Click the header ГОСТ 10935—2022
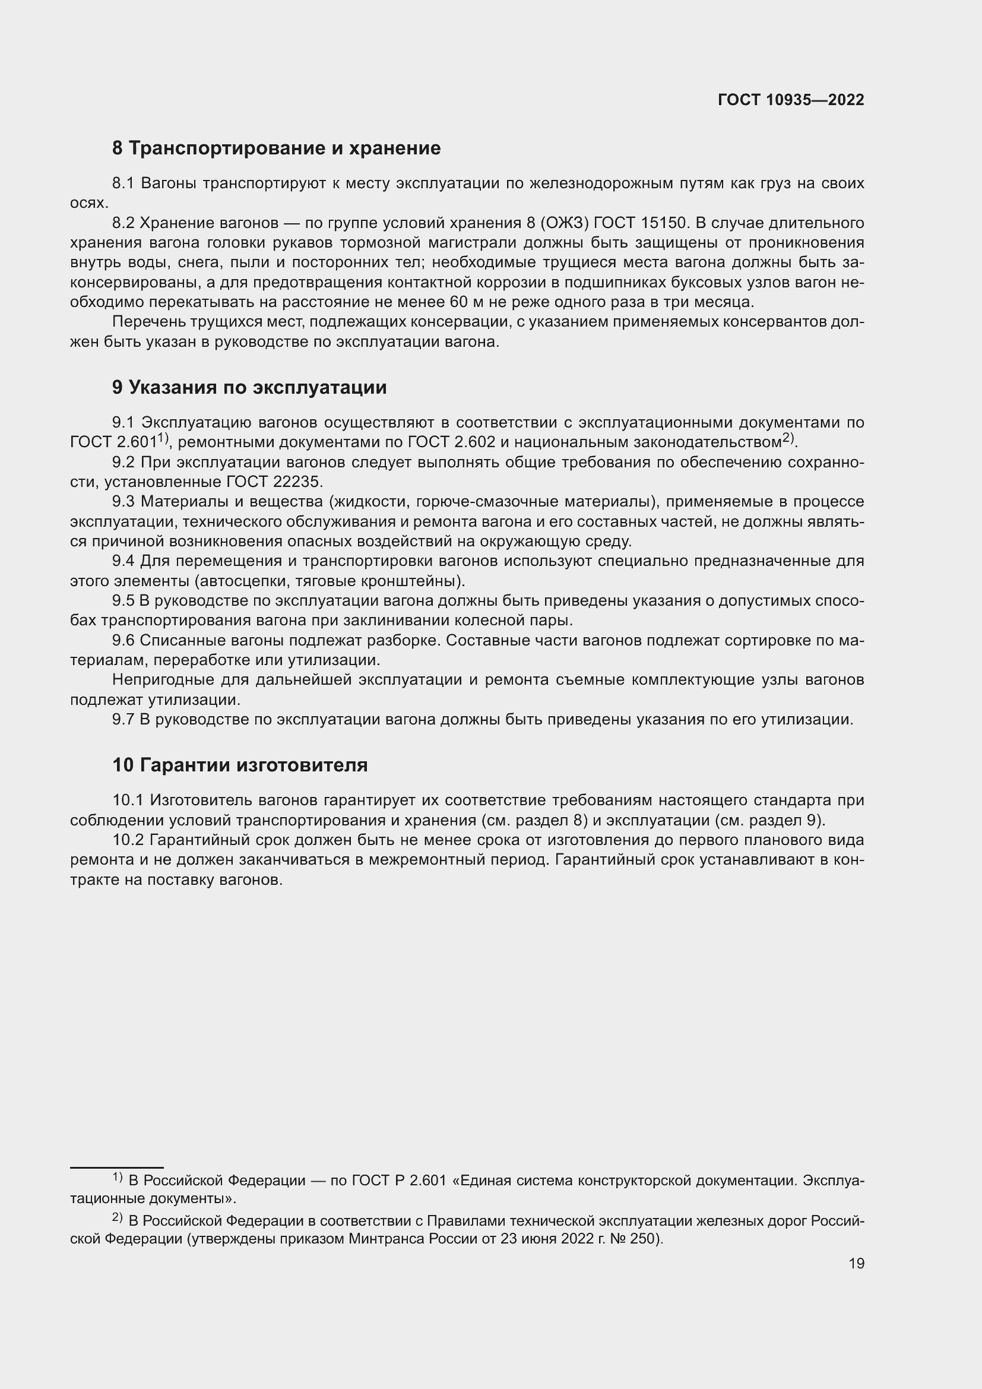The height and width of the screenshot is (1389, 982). click(791, 100)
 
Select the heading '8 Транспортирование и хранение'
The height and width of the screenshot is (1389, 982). click(276, 148)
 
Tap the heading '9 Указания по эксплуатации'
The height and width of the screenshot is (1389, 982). click(249, 387)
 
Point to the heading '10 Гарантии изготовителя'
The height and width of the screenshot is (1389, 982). click(240, 765)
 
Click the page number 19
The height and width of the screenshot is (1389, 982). click(856, 1263)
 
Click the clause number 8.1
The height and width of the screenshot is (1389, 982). click(124, 183)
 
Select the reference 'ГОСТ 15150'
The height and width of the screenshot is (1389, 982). click(641, 223)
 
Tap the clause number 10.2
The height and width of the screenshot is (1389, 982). click(128, 840)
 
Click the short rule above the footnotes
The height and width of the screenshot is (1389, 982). click(117, 1167)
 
